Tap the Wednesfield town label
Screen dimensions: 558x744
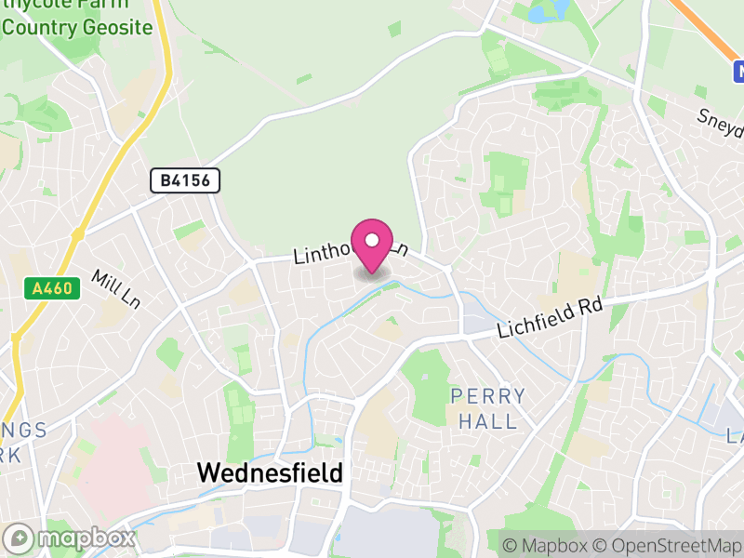(x=270, y=472)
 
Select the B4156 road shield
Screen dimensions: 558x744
(x=186, y=180)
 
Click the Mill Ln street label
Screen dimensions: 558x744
(x=115, y=289)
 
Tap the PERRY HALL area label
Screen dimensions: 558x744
(x=488, y=408)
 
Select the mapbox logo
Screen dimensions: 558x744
(x=70, y=538)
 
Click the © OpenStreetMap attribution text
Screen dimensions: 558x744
(x=669, y=545)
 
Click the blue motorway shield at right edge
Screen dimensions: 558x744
(x=738, y=71)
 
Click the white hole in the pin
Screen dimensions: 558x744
(x=372, y=240)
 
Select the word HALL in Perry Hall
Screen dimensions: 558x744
(x=488, y=421)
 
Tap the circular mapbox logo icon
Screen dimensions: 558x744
(x=19, y=538)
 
